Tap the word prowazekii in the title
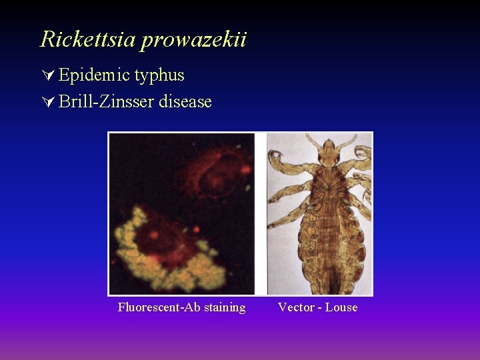pyautogui.click(x=193, y=40)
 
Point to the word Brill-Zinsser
pyautogui.click(x=107, y=102)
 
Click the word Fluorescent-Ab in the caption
pyautogui.click(x=157, y=307)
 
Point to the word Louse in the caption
pyautogui.click(x=341, y=307)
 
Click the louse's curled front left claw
pyautogui.click(x=277, y=160)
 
